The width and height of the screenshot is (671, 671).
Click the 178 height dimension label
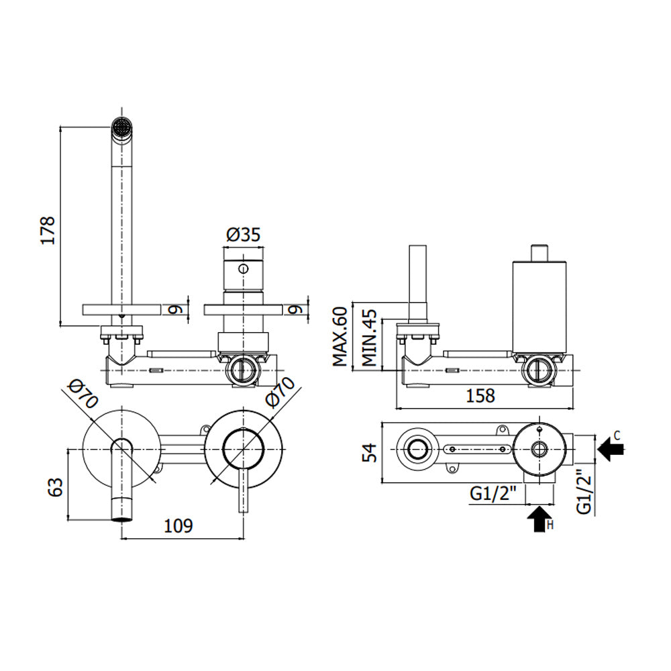point(48,230)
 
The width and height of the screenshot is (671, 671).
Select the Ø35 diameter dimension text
point(243,234)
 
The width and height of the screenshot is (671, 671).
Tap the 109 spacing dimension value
point(178,525)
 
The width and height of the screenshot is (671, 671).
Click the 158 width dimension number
point(480,396)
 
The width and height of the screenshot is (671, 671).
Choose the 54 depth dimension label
point(370,452)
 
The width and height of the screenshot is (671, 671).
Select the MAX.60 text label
point(340,336)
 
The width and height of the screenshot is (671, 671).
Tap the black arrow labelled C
point(611,449)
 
